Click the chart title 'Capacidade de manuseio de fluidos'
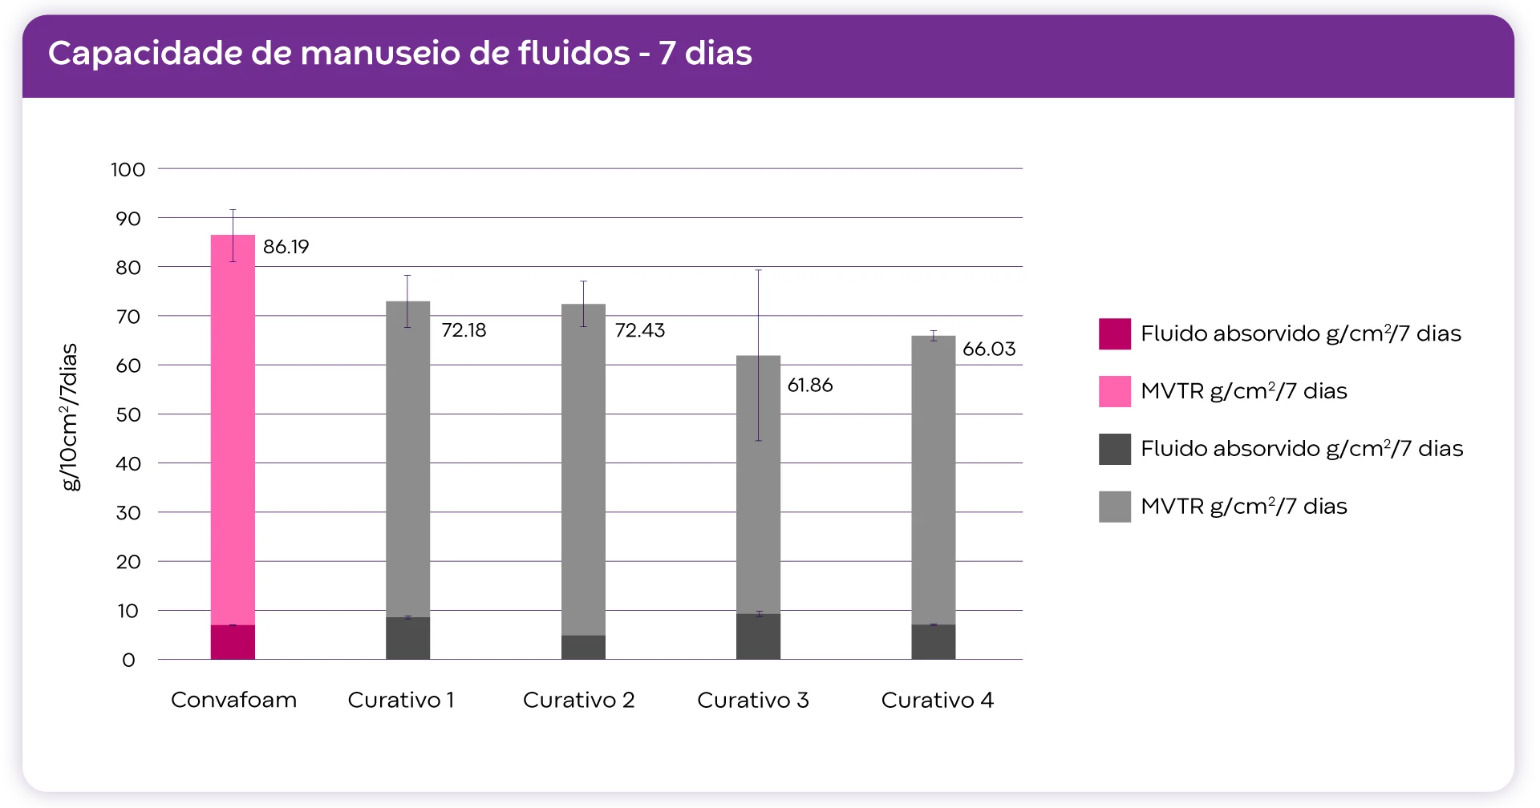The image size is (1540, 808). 399,54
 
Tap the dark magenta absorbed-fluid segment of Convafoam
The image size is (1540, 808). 233,642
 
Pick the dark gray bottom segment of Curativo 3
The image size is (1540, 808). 758,636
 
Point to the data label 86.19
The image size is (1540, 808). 286,247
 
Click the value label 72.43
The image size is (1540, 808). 640,330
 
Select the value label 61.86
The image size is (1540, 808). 810,386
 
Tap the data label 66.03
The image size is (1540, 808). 989,349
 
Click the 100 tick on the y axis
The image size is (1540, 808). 128,170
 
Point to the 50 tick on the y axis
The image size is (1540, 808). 128,415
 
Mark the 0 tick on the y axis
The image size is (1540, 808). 128,661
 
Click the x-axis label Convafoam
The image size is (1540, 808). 233,701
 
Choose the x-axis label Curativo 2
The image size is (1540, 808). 578,701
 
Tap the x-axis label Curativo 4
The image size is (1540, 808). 937,701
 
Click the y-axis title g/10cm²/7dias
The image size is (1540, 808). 71,417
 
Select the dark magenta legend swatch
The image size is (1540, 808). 1114,334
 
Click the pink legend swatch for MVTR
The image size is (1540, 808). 1114,392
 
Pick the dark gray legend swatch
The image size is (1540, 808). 1114,450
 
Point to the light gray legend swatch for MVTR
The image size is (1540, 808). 1114,507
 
